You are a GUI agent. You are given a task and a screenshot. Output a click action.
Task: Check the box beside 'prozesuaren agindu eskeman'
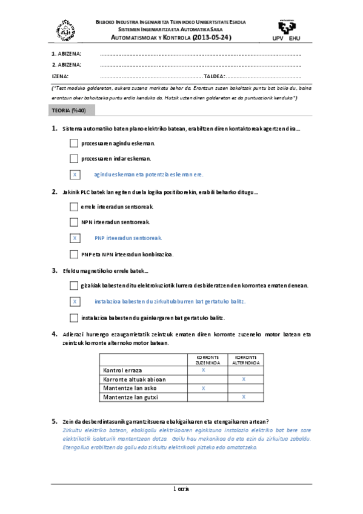click(x=74, y=143)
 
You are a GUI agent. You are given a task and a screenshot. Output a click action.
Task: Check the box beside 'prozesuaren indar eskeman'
click(x=74, y=159)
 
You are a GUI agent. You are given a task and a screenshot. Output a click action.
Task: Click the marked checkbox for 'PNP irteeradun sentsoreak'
click(x=74, y=238)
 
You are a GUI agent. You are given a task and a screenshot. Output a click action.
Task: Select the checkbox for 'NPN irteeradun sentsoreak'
click(x=74, y=222)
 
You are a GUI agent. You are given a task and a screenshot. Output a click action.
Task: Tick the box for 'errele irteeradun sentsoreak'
click(x=74, y=207)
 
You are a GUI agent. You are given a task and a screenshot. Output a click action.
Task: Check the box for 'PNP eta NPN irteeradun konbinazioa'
click(x=74, y=254)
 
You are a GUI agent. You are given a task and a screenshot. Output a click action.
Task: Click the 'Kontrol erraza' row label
click(x=123, y=370)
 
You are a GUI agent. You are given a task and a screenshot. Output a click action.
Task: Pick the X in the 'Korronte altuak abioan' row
click(x=244, y=379)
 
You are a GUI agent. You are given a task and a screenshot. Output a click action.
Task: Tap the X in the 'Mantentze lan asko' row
click(x=203, y=388)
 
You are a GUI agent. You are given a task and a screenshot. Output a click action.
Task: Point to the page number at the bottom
click(x=181, y=489)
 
